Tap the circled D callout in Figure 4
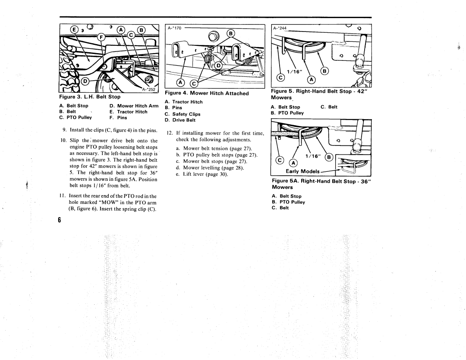(x=218, y=65)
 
